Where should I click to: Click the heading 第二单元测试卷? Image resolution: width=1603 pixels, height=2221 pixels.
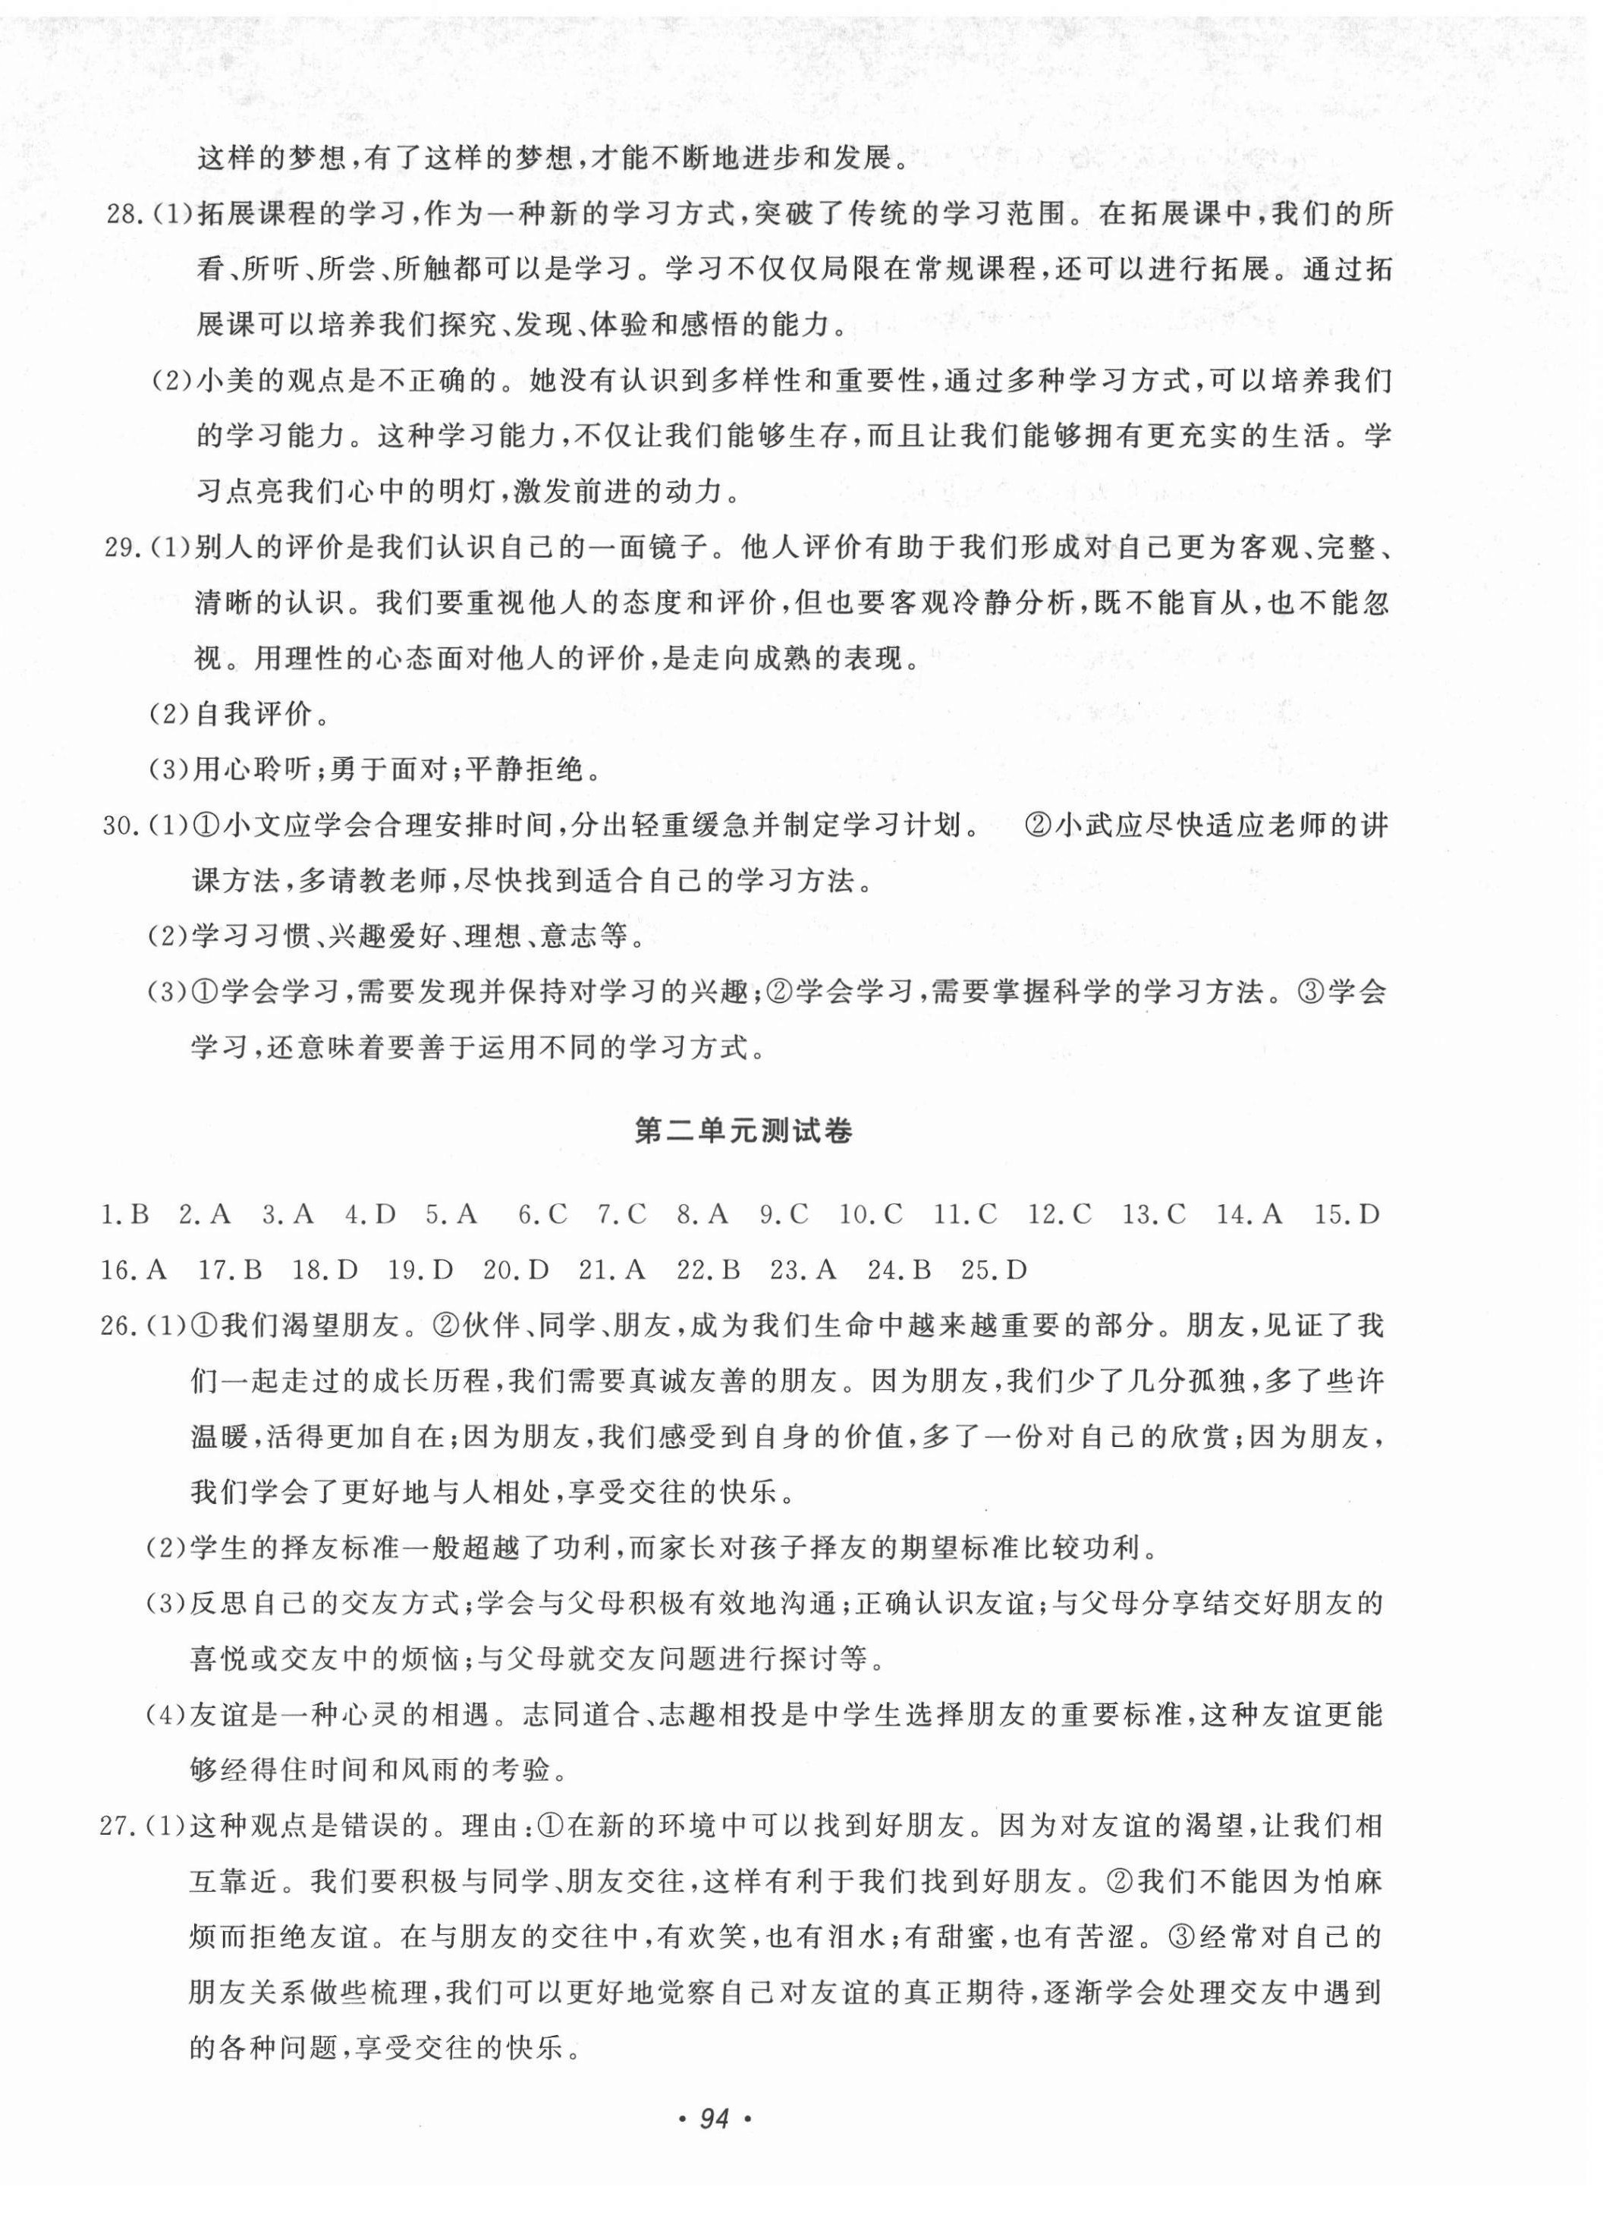point(743,1131)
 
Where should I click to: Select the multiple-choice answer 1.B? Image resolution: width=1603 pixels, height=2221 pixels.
point(124,1216)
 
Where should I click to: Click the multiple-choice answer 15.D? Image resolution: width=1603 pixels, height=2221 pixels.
point(1347,1216)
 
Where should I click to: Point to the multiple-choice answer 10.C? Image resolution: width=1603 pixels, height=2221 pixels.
point(869,1216)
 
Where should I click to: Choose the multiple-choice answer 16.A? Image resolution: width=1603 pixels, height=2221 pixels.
point(134,1270)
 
